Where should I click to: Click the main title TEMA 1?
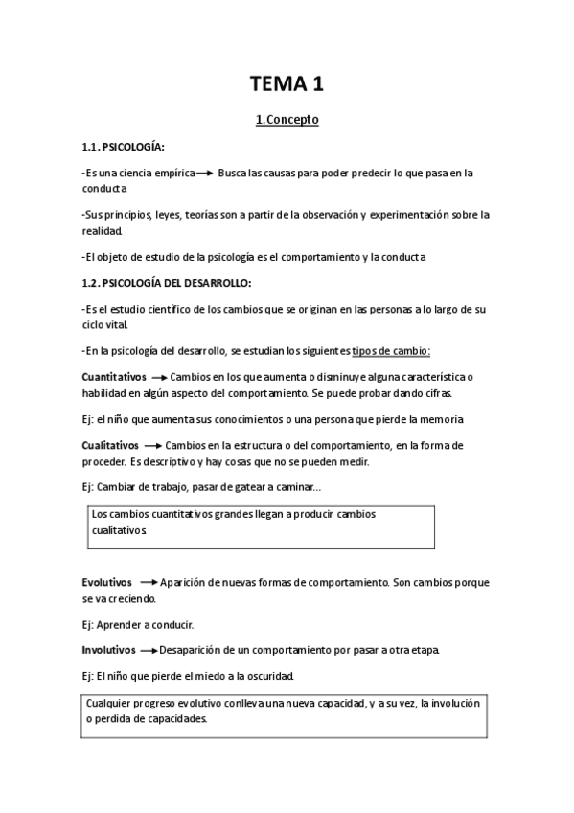(x=287, y=83)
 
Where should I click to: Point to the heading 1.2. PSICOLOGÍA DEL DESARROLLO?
(x=167, y=283)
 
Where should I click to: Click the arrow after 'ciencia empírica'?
(x=202, y=174)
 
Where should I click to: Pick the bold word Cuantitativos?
(x=113, y=378)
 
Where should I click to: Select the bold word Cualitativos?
(x=111, y=446)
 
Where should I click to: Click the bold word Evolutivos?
(x=107, y=582)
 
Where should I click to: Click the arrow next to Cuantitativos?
(x=159, y=378)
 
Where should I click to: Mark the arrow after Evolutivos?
(x=149, y=582)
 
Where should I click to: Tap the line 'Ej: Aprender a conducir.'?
(x=138, y=625)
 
